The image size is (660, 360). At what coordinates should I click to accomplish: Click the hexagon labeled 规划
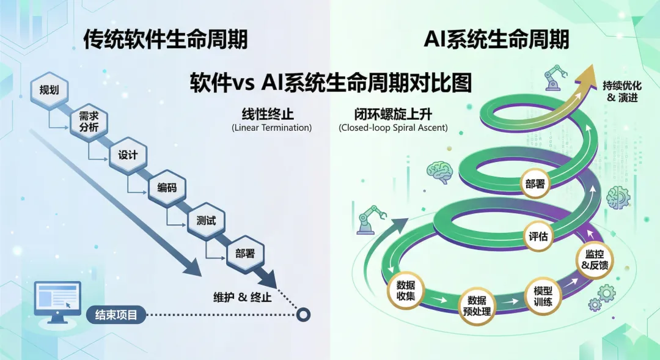click(49, 90)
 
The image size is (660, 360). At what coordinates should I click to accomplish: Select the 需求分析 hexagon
click(89, 122)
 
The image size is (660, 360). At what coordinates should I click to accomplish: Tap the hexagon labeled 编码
click(167, 187)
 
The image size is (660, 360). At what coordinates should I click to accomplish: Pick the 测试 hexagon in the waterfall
click(206, 221)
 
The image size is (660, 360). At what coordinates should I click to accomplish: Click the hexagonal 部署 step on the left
click(244, 253)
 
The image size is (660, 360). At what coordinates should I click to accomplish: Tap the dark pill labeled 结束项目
click(116, 315)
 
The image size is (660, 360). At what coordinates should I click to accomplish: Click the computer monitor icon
click(57, 301)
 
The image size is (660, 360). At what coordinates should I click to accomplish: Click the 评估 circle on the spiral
click(538, 237)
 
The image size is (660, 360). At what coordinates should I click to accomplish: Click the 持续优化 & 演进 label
click(621, 91)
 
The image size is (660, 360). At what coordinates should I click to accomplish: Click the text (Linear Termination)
click(271, 128)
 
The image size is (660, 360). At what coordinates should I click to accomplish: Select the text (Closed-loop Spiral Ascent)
click(392, 128)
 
